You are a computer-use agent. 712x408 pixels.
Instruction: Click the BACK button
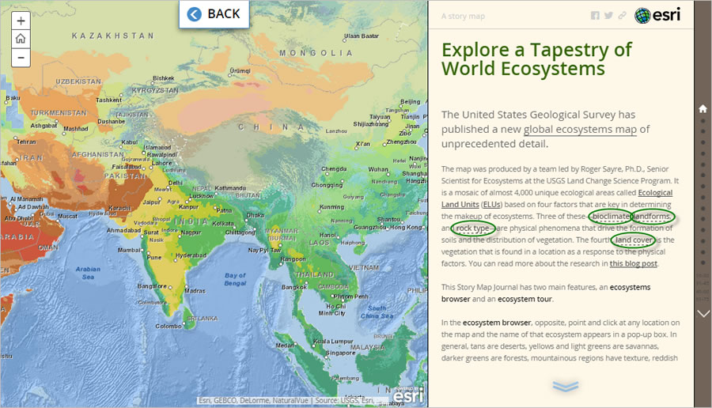coord(214,14)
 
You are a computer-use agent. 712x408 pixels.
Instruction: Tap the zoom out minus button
coord(21,57)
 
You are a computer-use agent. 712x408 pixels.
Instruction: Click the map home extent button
coord(21,39)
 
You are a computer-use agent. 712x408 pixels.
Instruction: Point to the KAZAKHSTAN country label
coord(112,36)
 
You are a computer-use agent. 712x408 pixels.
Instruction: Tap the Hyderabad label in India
coord(192,255)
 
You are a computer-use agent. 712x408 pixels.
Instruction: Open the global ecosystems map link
coord(580,130)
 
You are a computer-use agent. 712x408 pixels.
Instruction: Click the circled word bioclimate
coord(610,217)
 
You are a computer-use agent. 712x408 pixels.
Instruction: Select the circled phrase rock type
coord(472,229)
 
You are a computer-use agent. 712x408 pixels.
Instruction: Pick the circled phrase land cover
coord(634,240)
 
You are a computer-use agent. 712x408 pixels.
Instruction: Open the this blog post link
coord(634,264)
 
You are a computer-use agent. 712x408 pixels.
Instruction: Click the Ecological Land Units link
coord(655,193)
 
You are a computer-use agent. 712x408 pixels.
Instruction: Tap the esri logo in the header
coord(658,15)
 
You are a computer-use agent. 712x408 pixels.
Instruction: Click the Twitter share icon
coord(608,16)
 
